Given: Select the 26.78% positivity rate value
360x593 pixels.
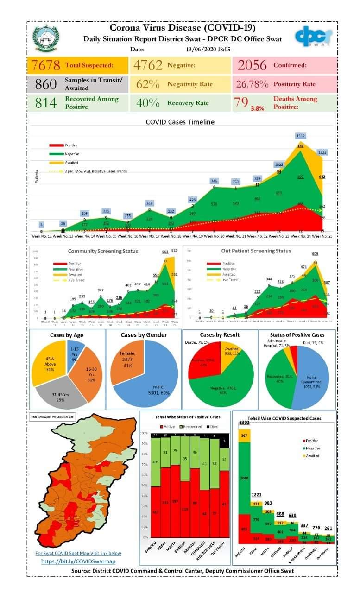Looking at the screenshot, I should pos(253,84).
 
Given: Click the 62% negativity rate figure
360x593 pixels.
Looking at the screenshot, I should pos(148,84).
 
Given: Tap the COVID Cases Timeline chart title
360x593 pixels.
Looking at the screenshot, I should pos(180,122).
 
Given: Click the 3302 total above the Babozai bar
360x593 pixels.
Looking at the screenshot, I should pos(244,423).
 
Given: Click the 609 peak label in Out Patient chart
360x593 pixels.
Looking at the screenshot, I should pos(317,254).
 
